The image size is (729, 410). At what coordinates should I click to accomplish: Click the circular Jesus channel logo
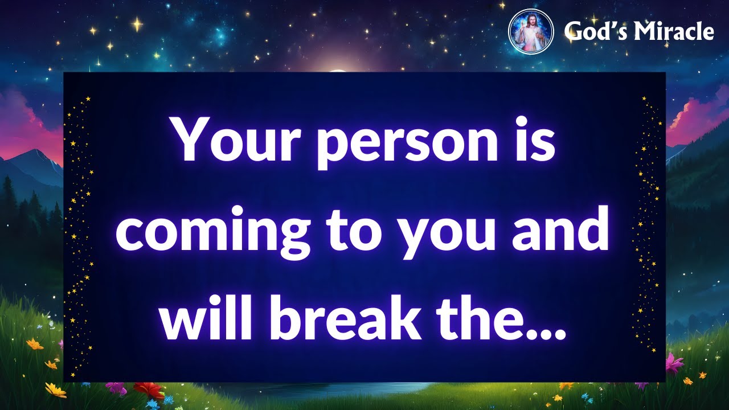[531, 31]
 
